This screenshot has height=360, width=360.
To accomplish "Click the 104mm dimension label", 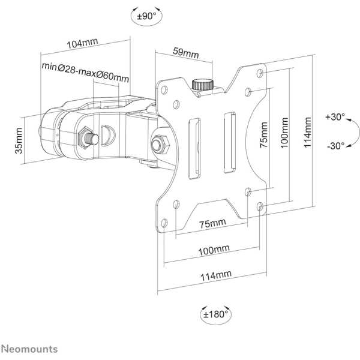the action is pyautogui.click(x=82, y=43).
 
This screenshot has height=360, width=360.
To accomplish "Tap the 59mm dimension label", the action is pyautogui.click(x=186, y=53).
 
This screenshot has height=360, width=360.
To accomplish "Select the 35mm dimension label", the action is pyautogui.click(x=19, y=141).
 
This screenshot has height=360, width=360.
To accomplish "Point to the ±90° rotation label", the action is pyautogui.click(x=146, y=16).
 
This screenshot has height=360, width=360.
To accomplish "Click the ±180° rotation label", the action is pyautogui.click(x=215, y=314).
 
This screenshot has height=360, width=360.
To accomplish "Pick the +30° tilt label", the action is pyautogui.click(x=335, y=117).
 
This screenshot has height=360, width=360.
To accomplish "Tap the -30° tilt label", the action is pyautogui.click(x=336, y=146).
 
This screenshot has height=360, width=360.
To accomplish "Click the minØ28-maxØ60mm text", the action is pyautogui.click(x=85, y=72).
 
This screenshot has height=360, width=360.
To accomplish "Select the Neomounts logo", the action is pyautogui.click(x=29, y=349).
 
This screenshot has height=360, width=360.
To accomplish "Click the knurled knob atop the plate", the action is pyautogui.click(x=203, y=85).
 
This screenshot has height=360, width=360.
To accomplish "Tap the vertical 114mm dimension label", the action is pyautogui.click(x=307, y=132).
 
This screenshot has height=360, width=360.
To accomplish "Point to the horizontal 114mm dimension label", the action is pyautogui.click(x=216, y=275).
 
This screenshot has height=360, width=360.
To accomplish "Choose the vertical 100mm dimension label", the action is pyautogui.click(x=284, y=133).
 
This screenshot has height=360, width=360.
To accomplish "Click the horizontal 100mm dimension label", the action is pyautogui.click(x=214, y=250).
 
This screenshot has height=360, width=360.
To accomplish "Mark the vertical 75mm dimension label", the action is pyautogui.click(x=264, y=135).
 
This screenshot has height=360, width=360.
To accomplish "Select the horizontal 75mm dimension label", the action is pyautogui.click(x=212, y=223).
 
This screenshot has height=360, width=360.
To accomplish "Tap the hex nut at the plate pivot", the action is pyautogui.click(x=160, y=145).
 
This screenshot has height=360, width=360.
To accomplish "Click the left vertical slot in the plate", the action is pyautogui.click(x=194, y=148).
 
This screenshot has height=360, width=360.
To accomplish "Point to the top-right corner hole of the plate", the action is pyautogui.click(x=260, y=73).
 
